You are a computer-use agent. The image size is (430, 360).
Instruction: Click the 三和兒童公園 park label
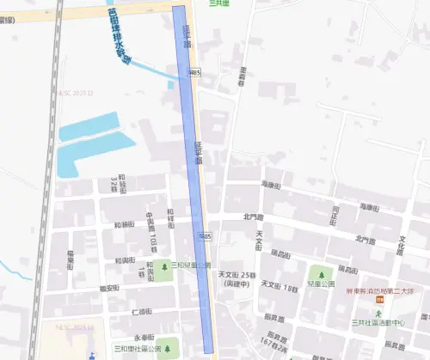tap(191, 266)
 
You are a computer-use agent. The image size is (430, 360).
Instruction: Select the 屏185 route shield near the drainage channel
tap(197, 74)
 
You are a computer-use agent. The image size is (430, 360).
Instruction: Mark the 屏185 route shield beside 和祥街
tap(204, 235)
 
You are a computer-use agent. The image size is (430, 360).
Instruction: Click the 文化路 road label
tap(400, 245)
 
